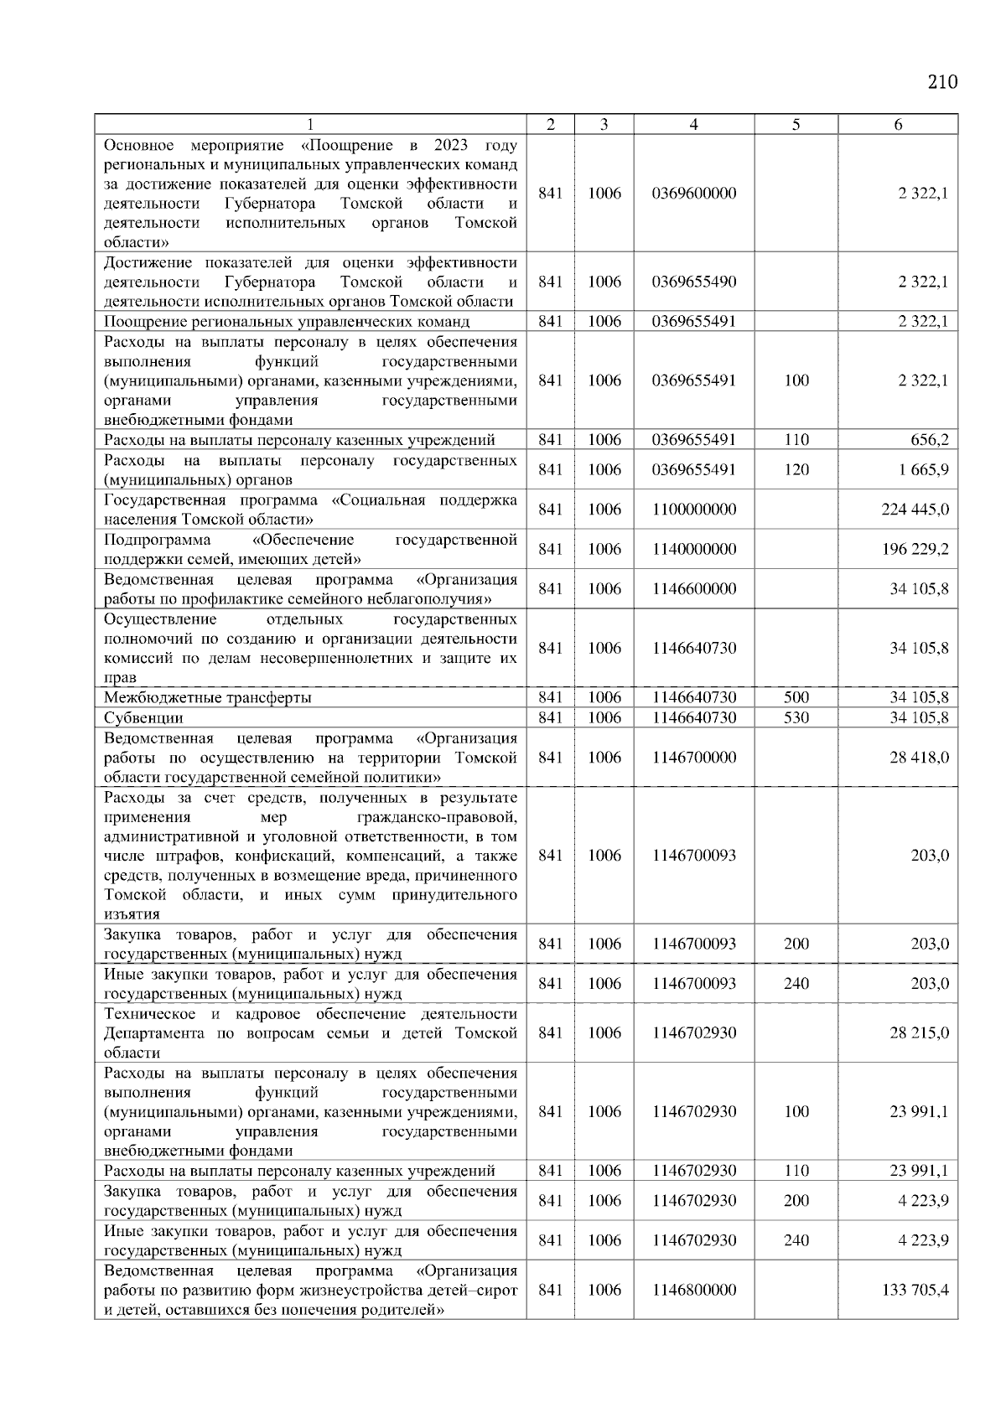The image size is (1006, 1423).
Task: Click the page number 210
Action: [942, 82]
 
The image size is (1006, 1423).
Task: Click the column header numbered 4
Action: [693, 125]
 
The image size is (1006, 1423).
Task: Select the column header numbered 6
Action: [898, 125]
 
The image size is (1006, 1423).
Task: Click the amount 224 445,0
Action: [915, 510]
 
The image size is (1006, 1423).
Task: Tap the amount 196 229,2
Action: [915, 549]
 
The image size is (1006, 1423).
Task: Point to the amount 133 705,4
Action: [915, 1290]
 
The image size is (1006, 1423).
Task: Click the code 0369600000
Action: [693, 194]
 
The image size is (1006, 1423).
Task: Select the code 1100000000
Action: [693, 510]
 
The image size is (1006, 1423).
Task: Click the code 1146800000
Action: [693, 1290]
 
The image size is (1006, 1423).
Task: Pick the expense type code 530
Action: [796, 718]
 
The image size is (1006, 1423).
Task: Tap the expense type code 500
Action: [796, 697]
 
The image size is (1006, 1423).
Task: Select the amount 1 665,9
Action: [923, 470]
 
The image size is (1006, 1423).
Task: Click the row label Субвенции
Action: [143, 718]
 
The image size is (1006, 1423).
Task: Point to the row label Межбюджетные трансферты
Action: [207, 697]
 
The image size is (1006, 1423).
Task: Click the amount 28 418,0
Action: [919, 758]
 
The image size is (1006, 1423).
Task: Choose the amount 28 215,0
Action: [919, 1033]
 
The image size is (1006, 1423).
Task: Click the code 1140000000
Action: [693, 549]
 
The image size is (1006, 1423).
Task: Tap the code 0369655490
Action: [693, 282]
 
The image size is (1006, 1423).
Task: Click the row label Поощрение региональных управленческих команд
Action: [286, 322]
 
